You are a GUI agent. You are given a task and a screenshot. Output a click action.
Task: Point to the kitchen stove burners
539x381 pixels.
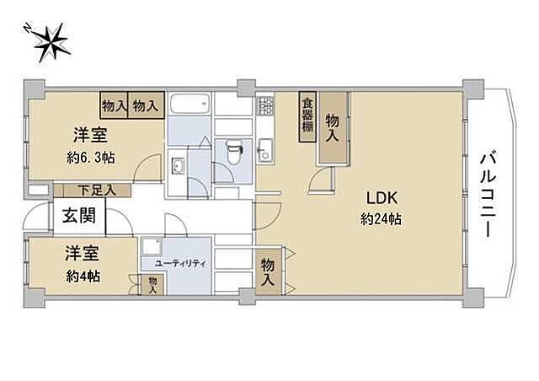pyautogui.click(x=265, y=106)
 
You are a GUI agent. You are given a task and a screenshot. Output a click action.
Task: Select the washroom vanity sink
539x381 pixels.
pyautogui.click(x=179, y=166)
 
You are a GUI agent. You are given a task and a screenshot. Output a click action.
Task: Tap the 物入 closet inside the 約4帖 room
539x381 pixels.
pyautogui.click(x=152, y=285)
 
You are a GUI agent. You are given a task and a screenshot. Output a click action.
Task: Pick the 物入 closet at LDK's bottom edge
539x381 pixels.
pyautogui.click(x=268, y=270)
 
